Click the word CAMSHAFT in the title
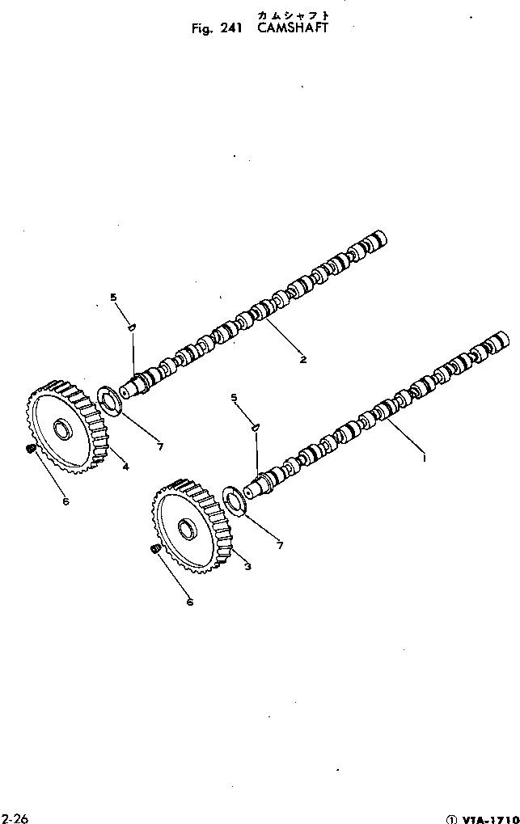click(x=295, y=28)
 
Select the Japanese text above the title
click(x=294, y=15)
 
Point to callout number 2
click(x=302, y=359)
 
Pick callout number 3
click(x=247, y=566)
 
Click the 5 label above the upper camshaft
click(x=113, y=298)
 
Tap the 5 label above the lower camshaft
click(x=234, y=397)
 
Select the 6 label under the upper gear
click(x=65, y=501)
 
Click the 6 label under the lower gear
click(x=189, y=601)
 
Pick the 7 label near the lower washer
click(x=280, y=546)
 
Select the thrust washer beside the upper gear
click(x=109, y=401)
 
